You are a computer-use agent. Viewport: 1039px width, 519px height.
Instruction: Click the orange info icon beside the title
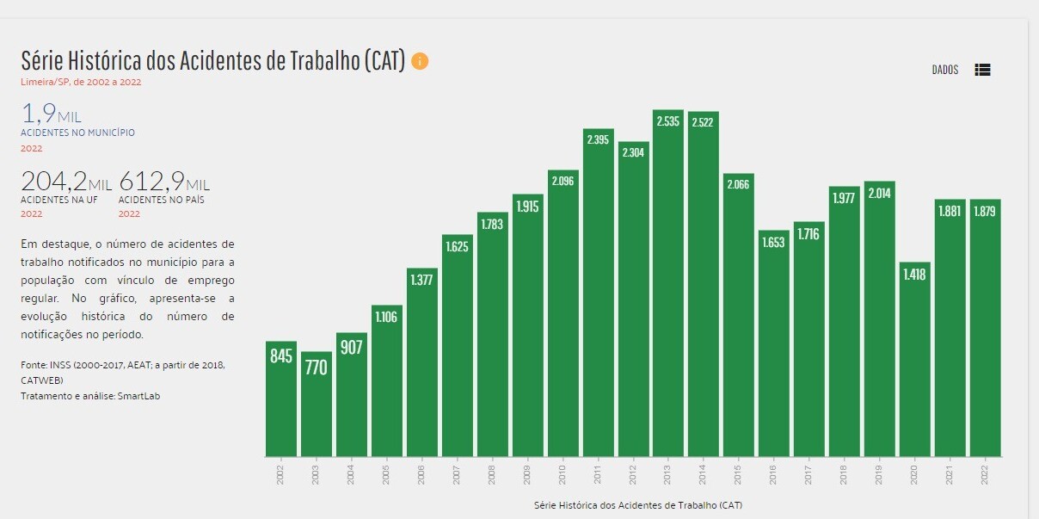coord(420,61)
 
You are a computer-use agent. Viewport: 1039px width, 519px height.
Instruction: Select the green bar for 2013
coord(668,284)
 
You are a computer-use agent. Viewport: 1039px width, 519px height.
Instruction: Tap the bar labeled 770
coord(317,405)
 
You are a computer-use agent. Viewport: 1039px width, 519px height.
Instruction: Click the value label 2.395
coord(599,139)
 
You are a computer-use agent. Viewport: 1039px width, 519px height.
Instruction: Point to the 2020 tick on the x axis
coord(915,474)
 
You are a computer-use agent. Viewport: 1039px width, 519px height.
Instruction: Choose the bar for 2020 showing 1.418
coord(915,361)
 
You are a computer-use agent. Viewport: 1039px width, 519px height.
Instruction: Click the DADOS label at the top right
coord(944,71)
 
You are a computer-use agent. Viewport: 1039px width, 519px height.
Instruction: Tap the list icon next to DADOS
coord(982,71)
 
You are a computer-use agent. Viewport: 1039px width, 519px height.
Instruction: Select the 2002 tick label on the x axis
coord(281,474)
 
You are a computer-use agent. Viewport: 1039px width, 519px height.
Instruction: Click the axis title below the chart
coord(637,504)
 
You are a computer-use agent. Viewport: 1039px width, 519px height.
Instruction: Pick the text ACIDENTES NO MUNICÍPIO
coord(77,133)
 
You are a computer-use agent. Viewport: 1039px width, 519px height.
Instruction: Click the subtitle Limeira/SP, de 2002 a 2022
coord(81,83)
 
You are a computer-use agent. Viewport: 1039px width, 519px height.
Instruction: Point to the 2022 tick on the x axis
coord(986,474)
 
